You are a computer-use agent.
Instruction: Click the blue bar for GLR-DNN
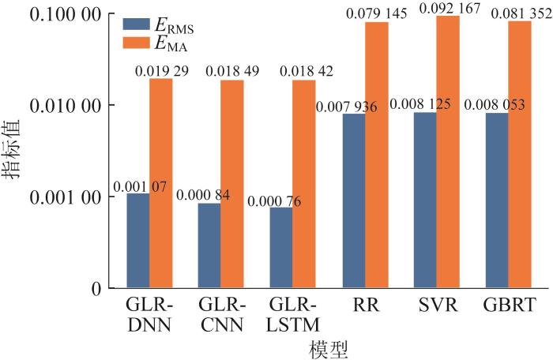[x=137, y=241]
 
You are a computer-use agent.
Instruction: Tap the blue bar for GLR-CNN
[x=209, y=246]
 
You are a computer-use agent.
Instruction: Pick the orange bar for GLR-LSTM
[x=304, y=184]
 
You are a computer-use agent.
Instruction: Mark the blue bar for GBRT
[x=496, y=201]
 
